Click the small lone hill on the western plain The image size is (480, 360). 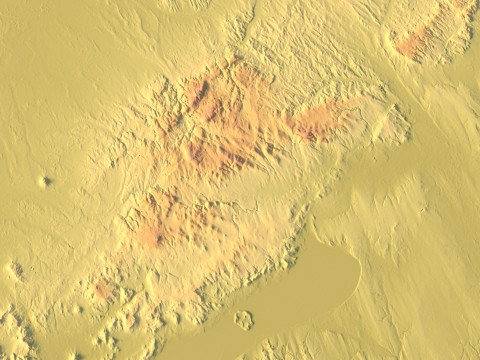pos(44,181)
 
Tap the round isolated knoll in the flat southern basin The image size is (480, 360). pos(243,320)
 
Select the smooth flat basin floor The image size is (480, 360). pos(300,290)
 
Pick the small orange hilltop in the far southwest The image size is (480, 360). pos(104,290)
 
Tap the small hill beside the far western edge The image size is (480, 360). pos(14,270)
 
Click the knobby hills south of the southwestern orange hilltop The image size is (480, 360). pos(120,320)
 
